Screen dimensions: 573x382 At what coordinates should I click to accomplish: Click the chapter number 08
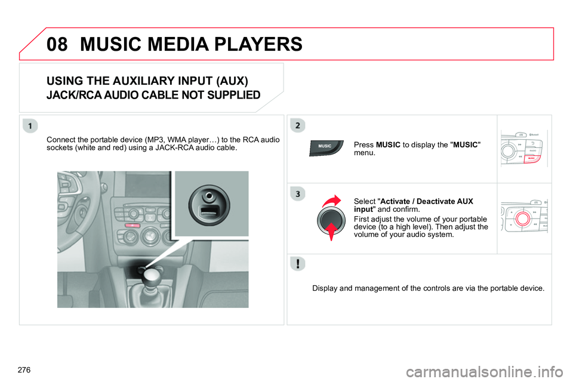(x=57, y=44)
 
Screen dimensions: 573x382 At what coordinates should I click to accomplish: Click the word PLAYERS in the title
(x=258, y=44)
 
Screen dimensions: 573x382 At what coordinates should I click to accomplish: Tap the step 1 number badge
(x=30, y=126)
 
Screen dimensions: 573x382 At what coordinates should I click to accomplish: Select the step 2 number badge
(x=298, y=125)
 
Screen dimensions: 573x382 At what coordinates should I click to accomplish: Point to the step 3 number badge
(x=298, y=194)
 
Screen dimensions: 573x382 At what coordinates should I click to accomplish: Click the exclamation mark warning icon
(x=298, y=264)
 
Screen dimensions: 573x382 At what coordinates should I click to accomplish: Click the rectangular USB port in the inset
(x=209, y=211)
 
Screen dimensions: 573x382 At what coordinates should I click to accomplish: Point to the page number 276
(x=24, y=370)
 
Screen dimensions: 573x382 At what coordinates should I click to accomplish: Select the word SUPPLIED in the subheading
(x=233, y=95)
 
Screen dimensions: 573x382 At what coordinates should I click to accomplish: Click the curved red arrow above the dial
(x=331, y=201)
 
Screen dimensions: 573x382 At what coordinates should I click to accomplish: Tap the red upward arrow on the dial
(x=331, y=232)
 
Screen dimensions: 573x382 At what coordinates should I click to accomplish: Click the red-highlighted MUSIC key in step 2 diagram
(x=532, y=158)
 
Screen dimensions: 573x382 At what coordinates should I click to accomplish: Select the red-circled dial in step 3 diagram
(x=523, y=218)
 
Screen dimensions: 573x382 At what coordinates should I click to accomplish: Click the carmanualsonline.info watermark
(x=485, y=372)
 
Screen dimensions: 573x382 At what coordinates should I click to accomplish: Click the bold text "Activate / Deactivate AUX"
(x=426, y=201)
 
